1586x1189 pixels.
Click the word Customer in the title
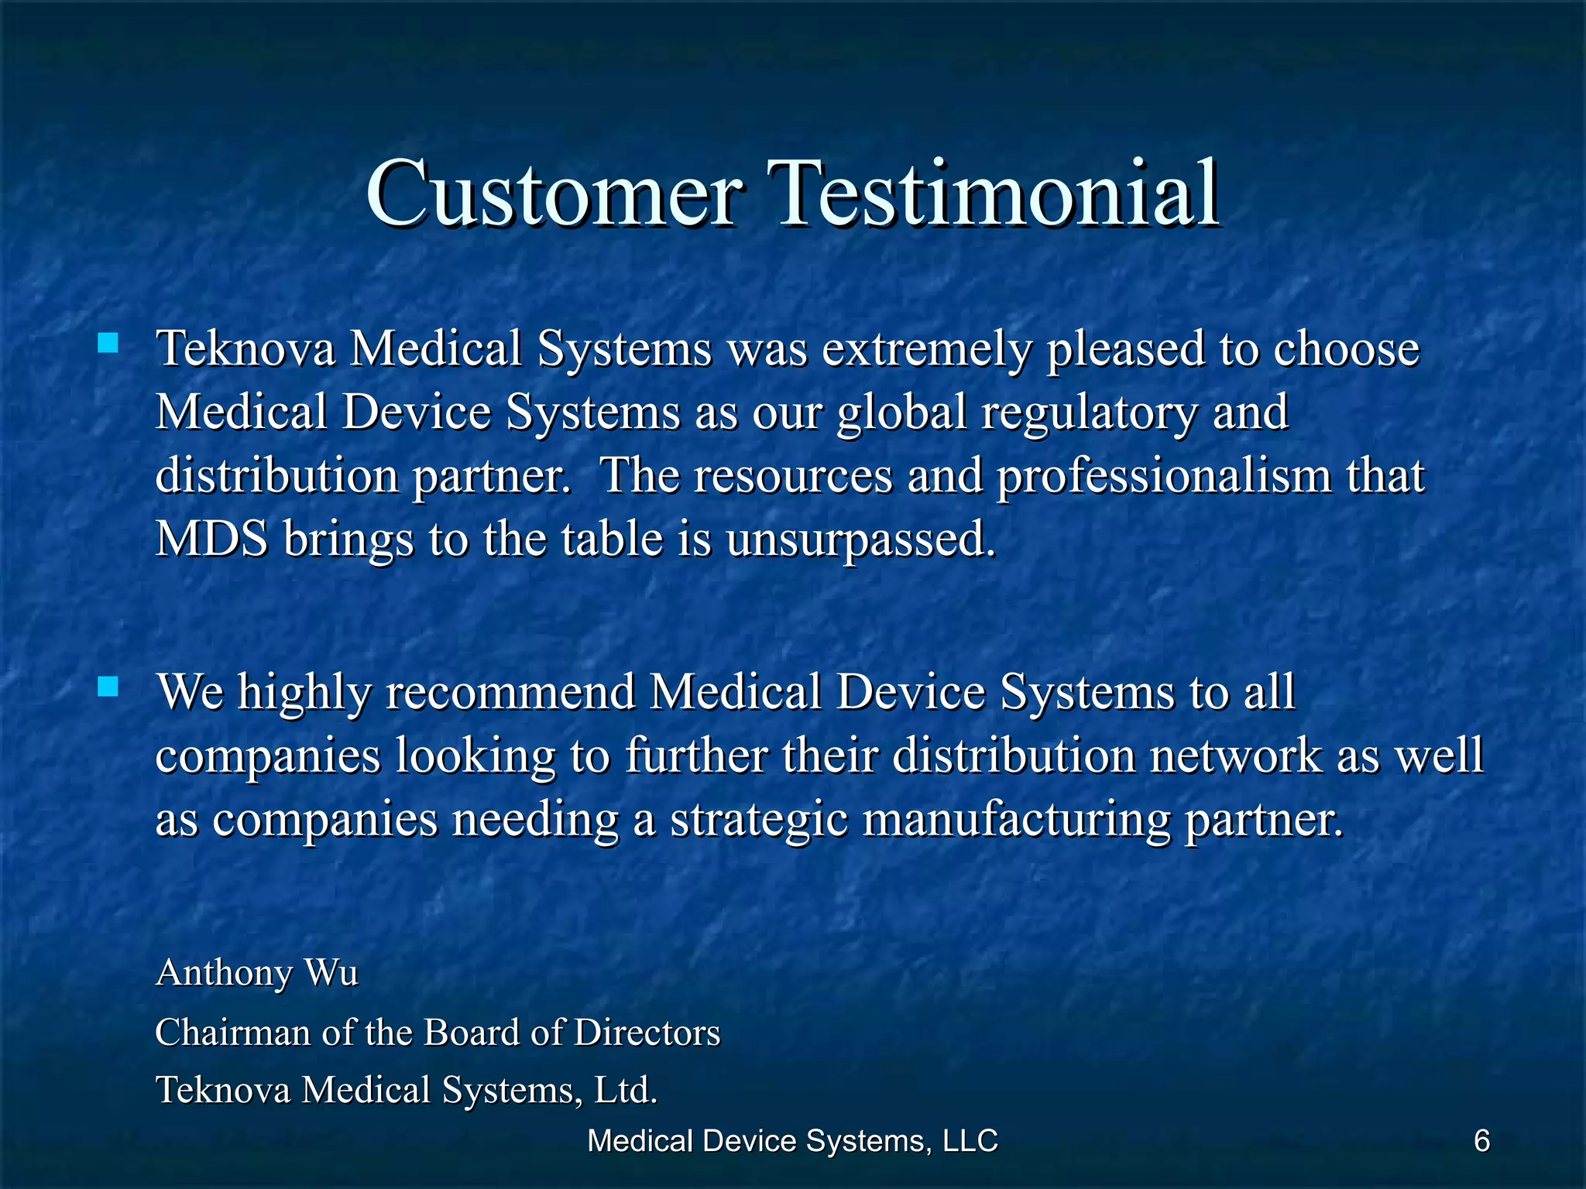[553, 194]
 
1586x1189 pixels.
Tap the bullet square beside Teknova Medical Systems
[108, 343]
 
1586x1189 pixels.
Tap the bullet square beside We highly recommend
[108, 687]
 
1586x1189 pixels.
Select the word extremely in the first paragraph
[926, 350]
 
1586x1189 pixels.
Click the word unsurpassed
[860, 540]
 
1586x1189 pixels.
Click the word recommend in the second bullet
[510, 692]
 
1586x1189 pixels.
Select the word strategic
[759, 821]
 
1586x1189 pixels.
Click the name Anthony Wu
[257, 973]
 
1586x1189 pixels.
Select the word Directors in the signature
[647, 1033]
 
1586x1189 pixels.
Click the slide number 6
[1481, 1141]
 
